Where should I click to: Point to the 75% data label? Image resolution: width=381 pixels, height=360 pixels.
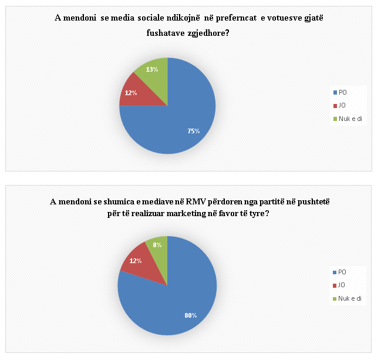click(194, 131)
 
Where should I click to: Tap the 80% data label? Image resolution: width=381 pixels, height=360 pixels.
click(190, 315)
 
